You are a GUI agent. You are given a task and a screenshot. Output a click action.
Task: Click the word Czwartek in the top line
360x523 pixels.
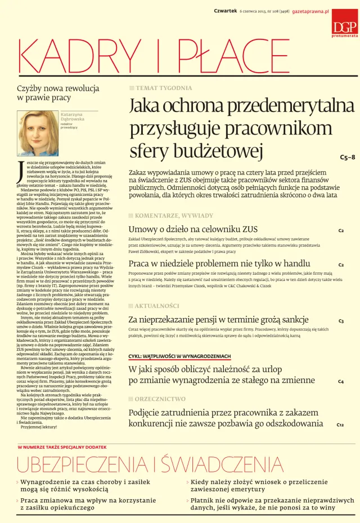pyautogui.click(x=225, y=11)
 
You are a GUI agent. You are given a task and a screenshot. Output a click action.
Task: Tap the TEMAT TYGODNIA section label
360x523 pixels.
pyautogui.click(x=163, y=88)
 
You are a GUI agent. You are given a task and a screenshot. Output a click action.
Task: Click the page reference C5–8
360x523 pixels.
pyautogui.click(x=347, y=157)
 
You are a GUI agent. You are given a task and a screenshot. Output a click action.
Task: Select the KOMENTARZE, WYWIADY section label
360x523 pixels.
pyautogui.click(x=174, y=216)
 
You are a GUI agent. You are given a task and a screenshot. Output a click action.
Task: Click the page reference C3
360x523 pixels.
pyautogui.click(x=341, y=321)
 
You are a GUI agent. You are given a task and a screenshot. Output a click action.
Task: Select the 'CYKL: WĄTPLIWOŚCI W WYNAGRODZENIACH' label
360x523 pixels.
pyautogui.click(x=179, y=356)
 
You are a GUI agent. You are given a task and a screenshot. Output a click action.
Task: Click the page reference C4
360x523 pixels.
pyautogui.click(x=341, y=382)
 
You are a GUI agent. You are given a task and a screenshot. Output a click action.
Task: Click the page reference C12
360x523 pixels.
pyautogui.click(x=340, y=424)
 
